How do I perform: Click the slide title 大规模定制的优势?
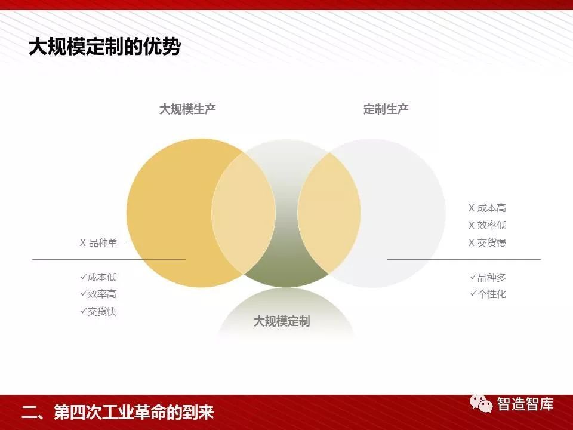click(104, 47)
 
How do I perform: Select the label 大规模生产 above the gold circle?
click(187, 109)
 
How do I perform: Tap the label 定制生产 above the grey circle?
click(386, 109)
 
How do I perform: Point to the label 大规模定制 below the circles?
click(282, 321)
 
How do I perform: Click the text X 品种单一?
click(103, 242)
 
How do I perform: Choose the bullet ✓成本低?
click(98, 277)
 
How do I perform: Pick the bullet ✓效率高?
click(98, 294)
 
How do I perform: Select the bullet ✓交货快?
click(98, 311)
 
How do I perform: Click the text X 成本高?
click(488, 208)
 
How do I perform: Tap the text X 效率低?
click(488, 225)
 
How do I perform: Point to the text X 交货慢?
click(488, 242)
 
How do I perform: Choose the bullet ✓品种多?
click(488, 277)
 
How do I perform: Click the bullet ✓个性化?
click(488, 294)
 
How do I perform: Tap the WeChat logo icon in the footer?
click(481, 404)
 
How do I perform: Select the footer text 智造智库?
click(525, 404)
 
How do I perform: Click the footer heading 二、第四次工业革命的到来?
click(118, 412)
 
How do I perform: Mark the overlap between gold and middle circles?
click(244, 213)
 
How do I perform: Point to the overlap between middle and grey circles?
click(329, 213)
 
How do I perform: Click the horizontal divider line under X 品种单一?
click(109, 259)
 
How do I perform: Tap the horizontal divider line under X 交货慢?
click(464, 259)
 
